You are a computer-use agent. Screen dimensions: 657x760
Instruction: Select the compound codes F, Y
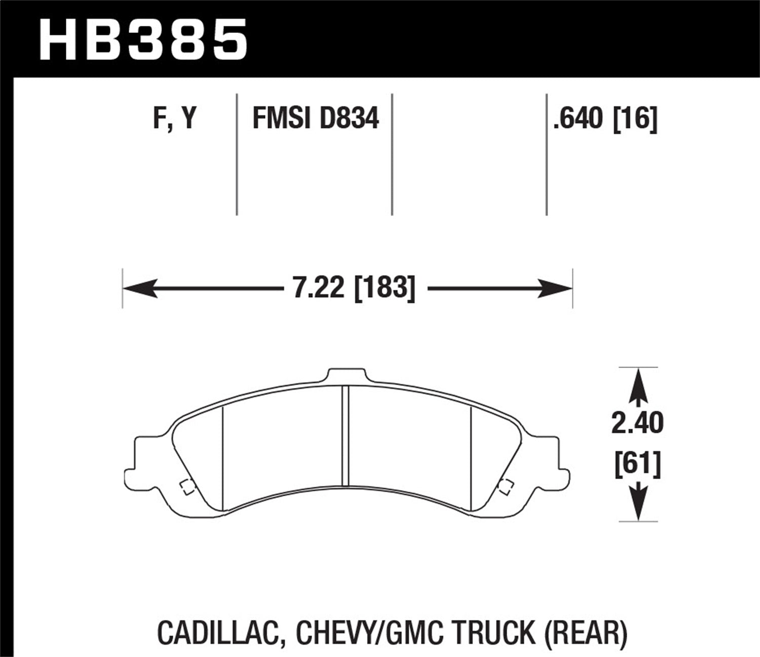point(174,119)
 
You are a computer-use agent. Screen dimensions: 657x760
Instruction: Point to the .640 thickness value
point(578,119)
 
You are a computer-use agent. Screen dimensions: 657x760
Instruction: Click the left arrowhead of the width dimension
point(137,289)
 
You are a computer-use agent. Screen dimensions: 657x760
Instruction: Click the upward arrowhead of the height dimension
point(638,380)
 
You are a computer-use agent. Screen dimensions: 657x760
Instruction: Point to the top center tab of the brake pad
point(346,376)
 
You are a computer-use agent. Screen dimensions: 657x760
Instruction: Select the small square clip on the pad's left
point(185,486)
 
